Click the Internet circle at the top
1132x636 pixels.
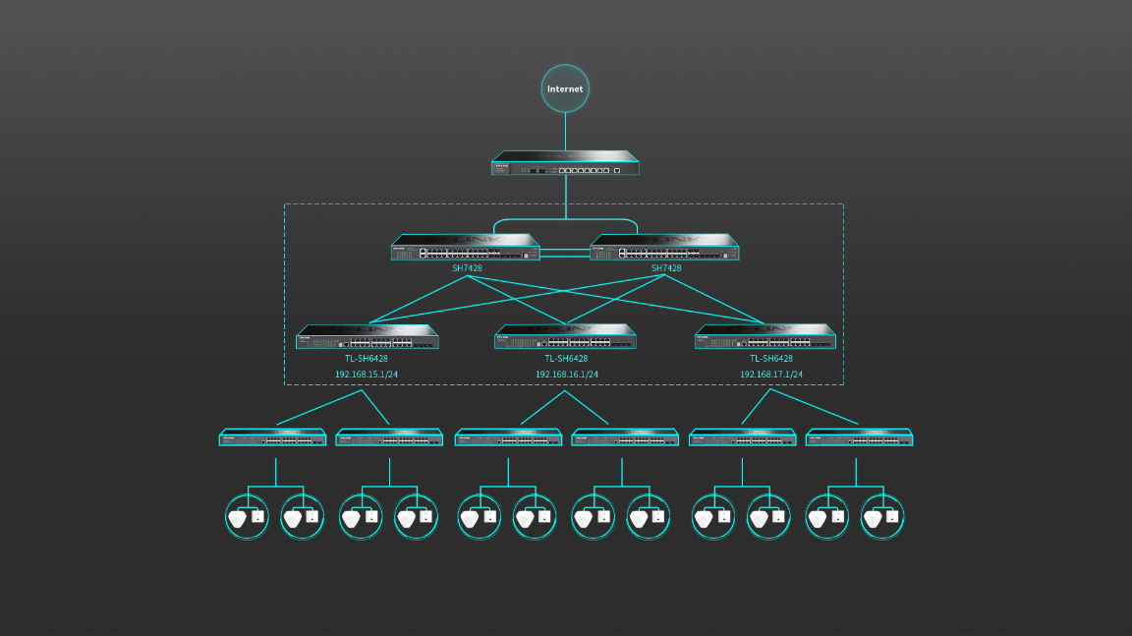(x=565, y=88)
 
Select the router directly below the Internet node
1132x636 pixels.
(x=565, y=163)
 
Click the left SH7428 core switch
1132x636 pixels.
(x=466, y=248)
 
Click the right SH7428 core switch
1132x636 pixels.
(x=665, y=248)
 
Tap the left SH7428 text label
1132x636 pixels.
(x=467, y=268)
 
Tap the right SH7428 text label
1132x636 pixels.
(x=666, y=268)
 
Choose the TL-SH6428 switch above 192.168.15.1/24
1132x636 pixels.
(x=368, y=337)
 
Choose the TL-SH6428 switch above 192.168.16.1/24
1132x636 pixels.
(x=566, y=337)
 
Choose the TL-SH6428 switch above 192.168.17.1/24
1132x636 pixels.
(x=765, y=337)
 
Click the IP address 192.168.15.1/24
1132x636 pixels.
(x=367, y=375)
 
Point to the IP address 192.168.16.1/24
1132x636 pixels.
(x=567, y=375)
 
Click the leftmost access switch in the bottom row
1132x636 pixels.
(x=272, y=437)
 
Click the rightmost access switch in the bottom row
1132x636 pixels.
(x=860, y=437)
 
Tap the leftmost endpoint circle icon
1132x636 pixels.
(x=247, y=516)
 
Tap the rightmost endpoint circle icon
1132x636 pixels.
(x=882, y=516)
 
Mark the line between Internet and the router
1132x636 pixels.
(x=565, y=132)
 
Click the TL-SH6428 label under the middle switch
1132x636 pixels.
(x=567, y=359)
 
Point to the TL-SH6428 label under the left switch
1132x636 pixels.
(x=367, y=359)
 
